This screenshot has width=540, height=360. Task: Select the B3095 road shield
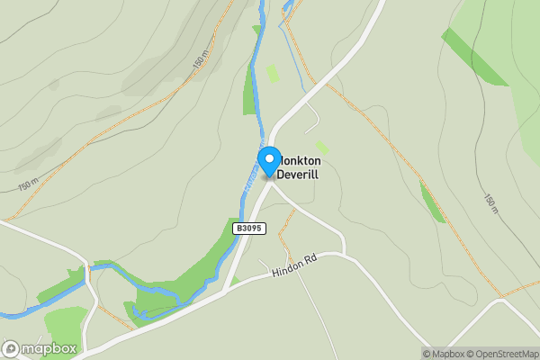(249, 229)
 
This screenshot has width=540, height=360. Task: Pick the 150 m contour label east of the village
(491, 203)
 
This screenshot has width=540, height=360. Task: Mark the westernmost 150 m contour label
(28, 183)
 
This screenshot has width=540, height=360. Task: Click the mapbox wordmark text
(49, 348)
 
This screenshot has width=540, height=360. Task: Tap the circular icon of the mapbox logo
(11, 348)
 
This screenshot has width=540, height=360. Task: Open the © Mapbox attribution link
(444, 354)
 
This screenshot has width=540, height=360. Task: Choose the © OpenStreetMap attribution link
(501, 354)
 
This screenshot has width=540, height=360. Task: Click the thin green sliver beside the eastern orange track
(433, 202)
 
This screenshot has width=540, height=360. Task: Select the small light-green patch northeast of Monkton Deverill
(321, 147)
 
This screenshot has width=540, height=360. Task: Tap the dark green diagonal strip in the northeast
(474, 57)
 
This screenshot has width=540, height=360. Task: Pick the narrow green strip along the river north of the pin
(250, 94)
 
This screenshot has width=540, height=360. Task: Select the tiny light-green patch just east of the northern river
(273, 72)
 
